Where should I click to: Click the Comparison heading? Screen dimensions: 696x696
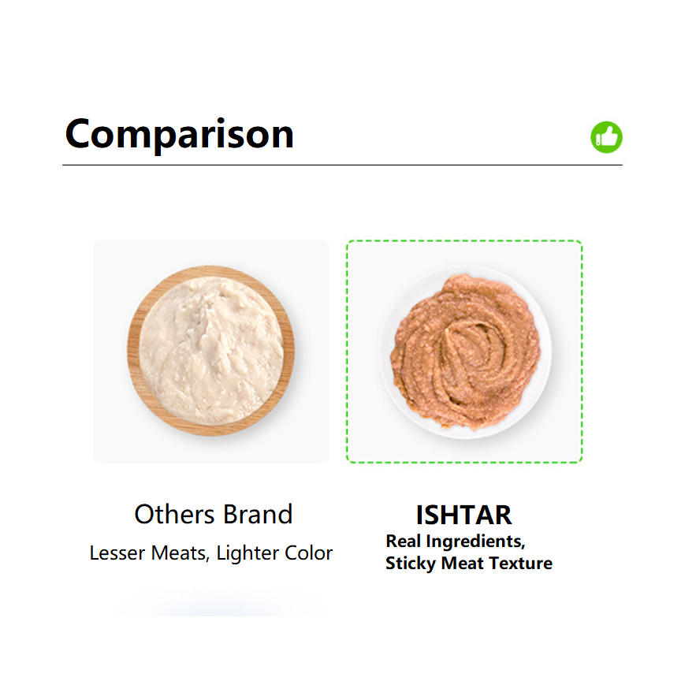click(x=180, y=134)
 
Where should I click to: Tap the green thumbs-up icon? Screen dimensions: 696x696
click(x=606, y=137)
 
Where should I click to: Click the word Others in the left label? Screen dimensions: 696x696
click(x=174, y=515)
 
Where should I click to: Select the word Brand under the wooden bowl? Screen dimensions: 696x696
click(x=258, y=515)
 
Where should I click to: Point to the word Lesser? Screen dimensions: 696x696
click(x=117, y=553)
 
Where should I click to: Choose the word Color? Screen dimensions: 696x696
click(x=308, y=553)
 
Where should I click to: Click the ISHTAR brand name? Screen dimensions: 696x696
click(x=463, y=515)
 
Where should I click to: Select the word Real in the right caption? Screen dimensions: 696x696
click(x=403, y=541)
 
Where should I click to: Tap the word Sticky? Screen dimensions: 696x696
click(x=411, y=564)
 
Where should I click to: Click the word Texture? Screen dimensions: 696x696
click(x=520, y=564)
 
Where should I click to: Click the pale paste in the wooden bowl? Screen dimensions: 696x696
click(x=210, y=351)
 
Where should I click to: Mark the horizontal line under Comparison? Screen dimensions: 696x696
click(x=342, y=165)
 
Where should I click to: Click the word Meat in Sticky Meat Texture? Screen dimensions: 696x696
click(x=462, y=564)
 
